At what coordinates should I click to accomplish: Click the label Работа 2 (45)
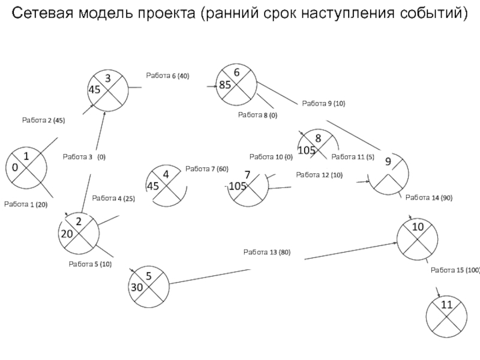tap(43, 121)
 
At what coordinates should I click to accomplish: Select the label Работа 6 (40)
tap(167, 76)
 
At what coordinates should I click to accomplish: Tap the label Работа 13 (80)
tap(267, 252)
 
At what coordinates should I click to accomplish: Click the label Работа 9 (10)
tap(323, 104)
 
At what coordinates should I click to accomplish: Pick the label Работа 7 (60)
tap(207, 169)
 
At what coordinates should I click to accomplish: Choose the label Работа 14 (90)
tap(428, 197)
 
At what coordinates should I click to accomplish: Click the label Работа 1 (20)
tap(26, 205)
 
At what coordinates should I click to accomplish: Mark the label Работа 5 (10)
tap(90, 264)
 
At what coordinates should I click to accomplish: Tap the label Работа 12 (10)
tap(319, 175)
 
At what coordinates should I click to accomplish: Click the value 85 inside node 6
tap(225, 85)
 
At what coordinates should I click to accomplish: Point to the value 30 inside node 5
tap(137, 287)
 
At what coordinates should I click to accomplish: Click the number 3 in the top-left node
tap(108, 79)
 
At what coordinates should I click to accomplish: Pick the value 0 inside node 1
tap(14, 168)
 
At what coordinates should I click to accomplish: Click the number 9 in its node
tap(388, 161)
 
